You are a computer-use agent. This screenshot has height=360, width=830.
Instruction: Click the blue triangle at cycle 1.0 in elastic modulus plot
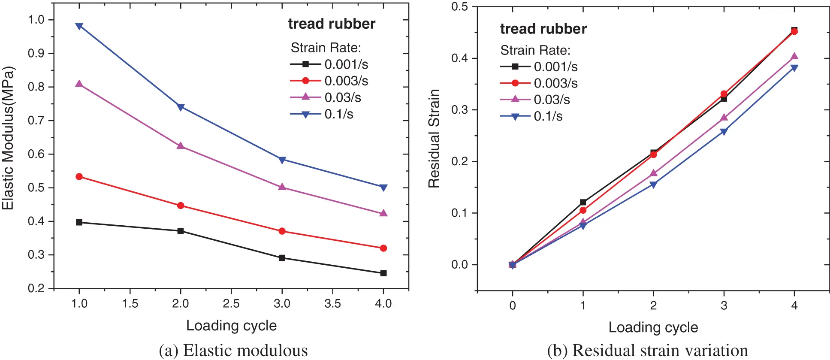[x=79, y=26]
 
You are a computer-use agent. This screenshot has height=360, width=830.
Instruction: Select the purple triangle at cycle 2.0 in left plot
[x=181, y=146]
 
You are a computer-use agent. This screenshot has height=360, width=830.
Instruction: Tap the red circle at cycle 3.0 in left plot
[x=282, y=231]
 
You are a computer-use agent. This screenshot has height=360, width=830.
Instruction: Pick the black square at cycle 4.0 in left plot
[x=383, y=273]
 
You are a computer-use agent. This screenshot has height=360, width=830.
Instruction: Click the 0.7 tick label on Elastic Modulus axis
[x=36, y=121]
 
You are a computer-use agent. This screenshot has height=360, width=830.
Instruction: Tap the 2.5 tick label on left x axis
[x=231, y=304]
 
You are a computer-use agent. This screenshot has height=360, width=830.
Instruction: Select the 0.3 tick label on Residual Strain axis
[x=459, y=110]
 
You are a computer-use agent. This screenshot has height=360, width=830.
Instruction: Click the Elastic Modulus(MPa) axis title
[x=9, y=138]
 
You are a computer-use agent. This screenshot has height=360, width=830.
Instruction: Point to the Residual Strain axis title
[x=434, y=138]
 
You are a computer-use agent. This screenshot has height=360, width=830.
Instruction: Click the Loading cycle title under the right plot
[x=653, y=327]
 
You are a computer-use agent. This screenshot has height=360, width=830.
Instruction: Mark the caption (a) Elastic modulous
[x=233, y=351]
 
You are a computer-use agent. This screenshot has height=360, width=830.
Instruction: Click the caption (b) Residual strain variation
[x=647, y=351]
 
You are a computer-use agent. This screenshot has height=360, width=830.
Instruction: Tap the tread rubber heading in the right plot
[x=543, y=29]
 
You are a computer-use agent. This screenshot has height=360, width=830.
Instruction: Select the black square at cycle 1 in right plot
[x=583, y=202]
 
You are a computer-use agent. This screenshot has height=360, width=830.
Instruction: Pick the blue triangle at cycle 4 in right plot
[x=794, y=68]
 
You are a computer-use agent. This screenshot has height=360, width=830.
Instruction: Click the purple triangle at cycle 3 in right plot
[x=724, y=118]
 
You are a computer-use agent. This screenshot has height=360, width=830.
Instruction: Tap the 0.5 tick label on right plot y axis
[x=459, y=6]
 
